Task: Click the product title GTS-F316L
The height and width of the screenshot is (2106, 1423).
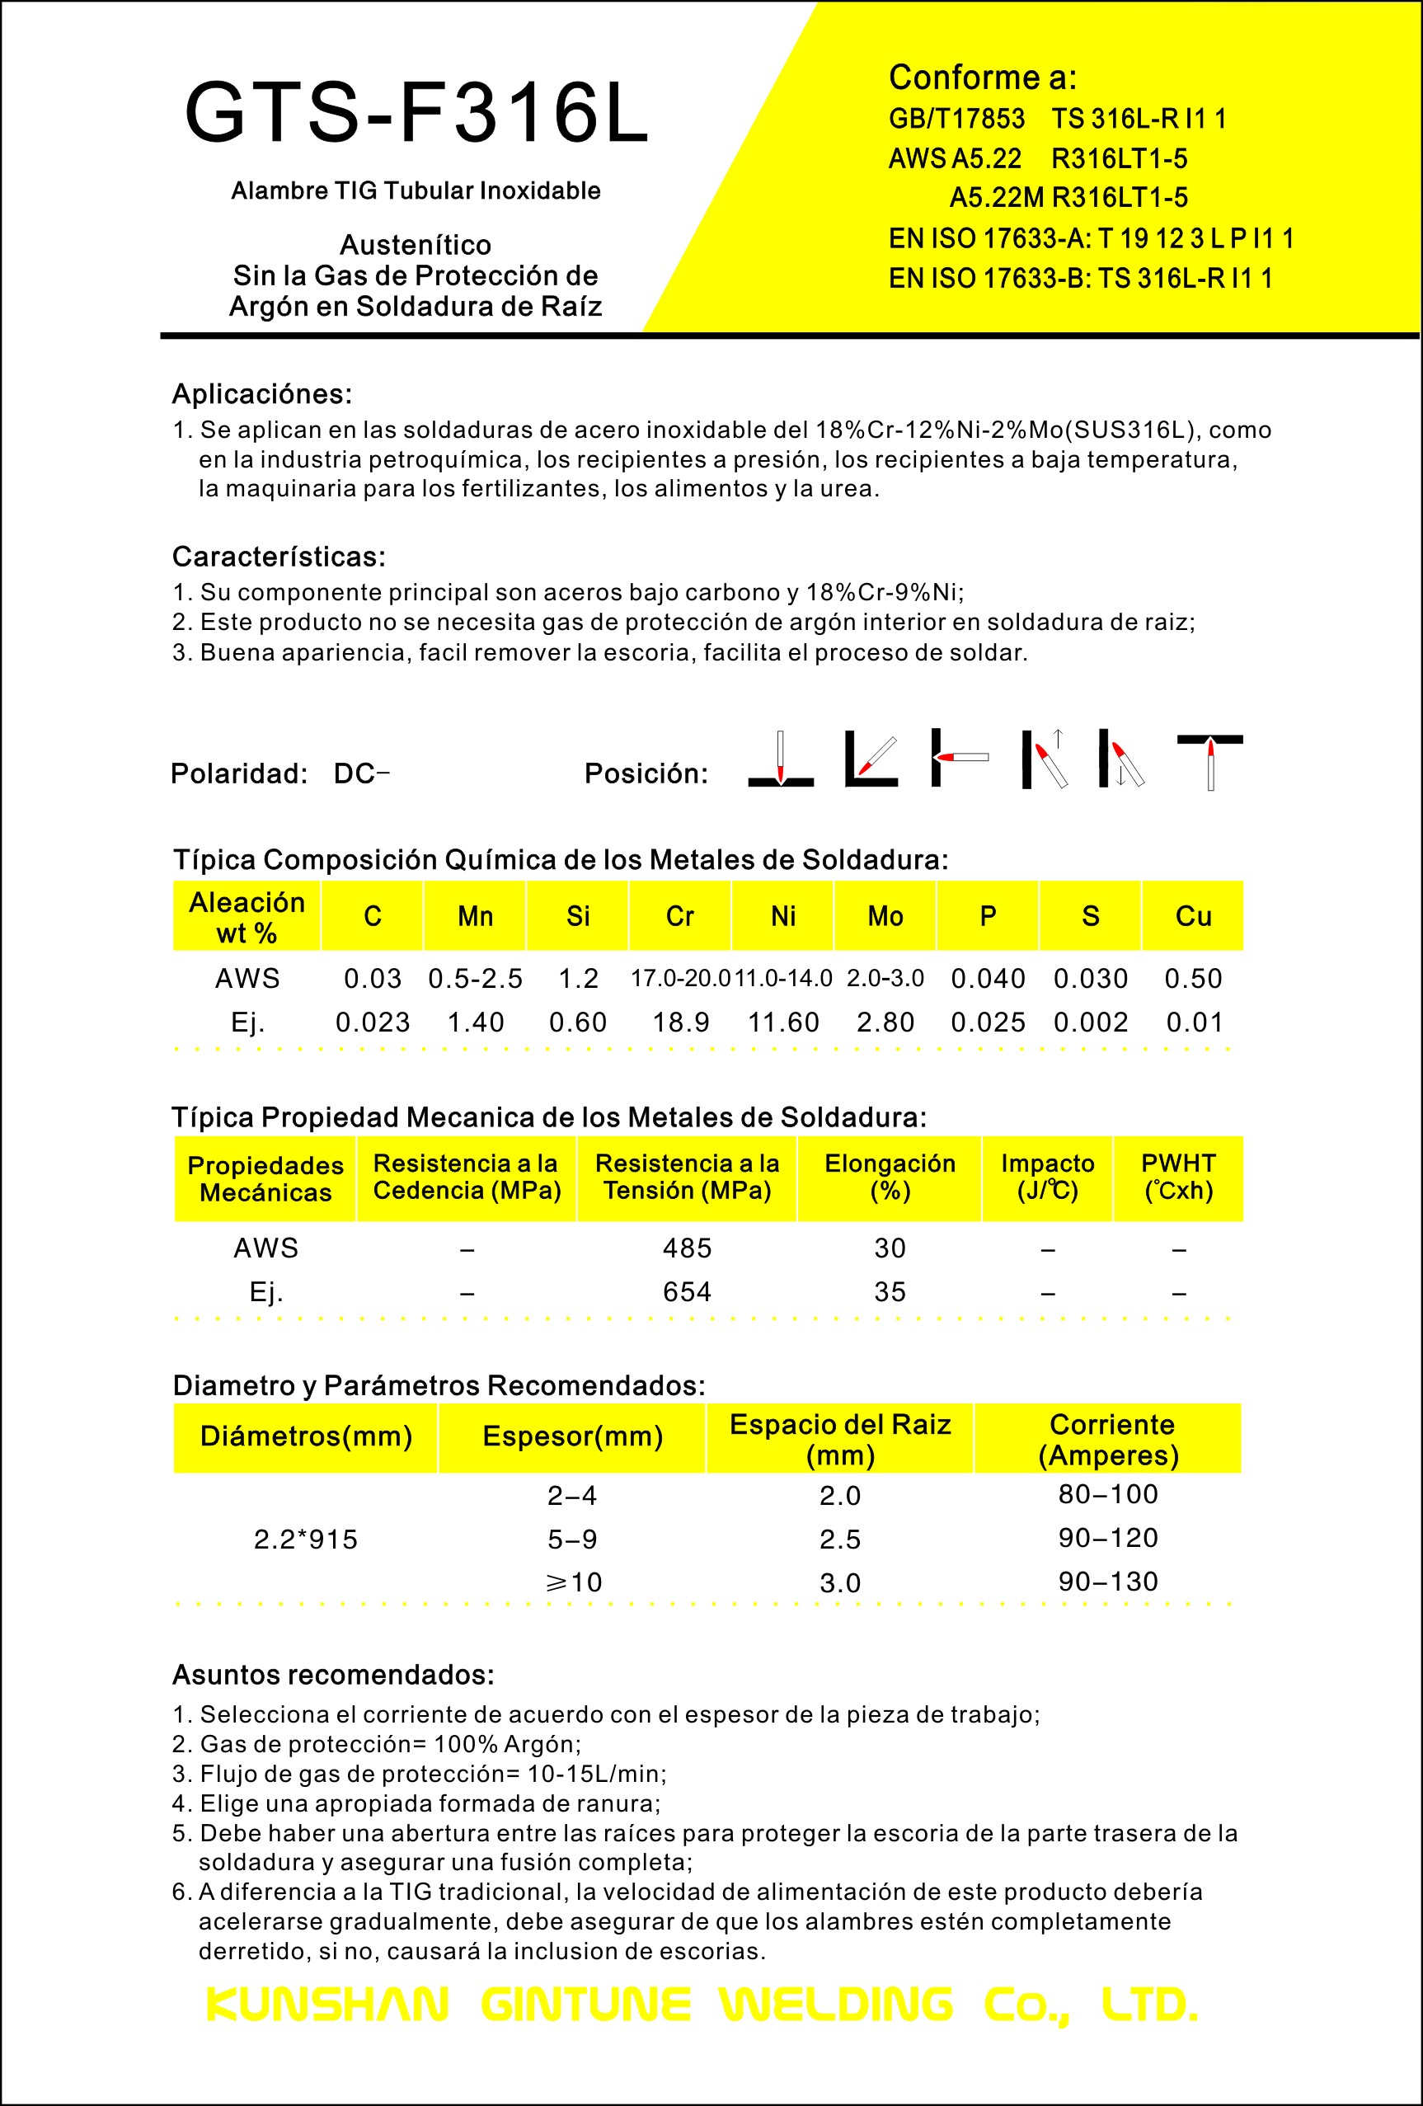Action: coord(416,113)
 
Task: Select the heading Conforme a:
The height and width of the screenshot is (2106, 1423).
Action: coord(982,78)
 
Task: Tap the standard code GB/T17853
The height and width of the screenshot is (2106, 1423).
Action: coord(956,119)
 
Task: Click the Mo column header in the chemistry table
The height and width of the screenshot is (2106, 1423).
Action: coord(885,916)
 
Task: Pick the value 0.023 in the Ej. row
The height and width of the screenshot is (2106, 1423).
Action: coord(373,1022)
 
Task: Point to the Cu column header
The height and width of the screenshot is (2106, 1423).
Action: coord(1193,916)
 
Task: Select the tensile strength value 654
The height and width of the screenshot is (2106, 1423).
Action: coord(687,1291)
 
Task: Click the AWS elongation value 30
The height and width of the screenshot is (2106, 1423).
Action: coord(890,1248)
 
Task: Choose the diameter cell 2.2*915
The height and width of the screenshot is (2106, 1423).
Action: coord(305,1539)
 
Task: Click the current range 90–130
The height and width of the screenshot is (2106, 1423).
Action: coord(1108,1582)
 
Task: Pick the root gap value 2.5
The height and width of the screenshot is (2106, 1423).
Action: coord(839,1539)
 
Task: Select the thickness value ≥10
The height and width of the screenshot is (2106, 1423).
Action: coord(572,1582)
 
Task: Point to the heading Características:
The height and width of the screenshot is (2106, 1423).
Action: coord(279,557)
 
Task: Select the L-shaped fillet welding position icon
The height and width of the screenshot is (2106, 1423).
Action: coord(871,759)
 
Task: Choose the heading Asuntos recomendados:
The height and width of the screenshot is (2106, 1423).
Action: coord(333,1675)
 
